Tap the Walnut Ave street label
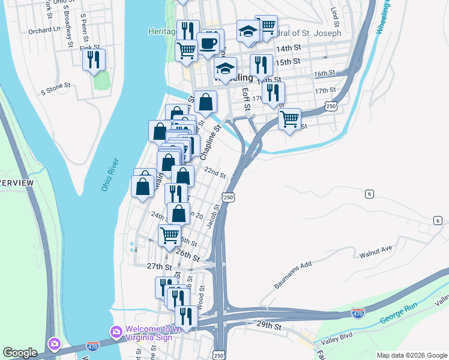(376, 251)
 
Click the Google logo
(20, 353)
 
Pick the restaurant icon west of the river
(94, 59)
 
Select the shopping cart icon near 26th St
(170, 235)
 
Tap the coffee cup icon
(208, 43)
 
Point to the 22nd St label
(214, 173)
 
